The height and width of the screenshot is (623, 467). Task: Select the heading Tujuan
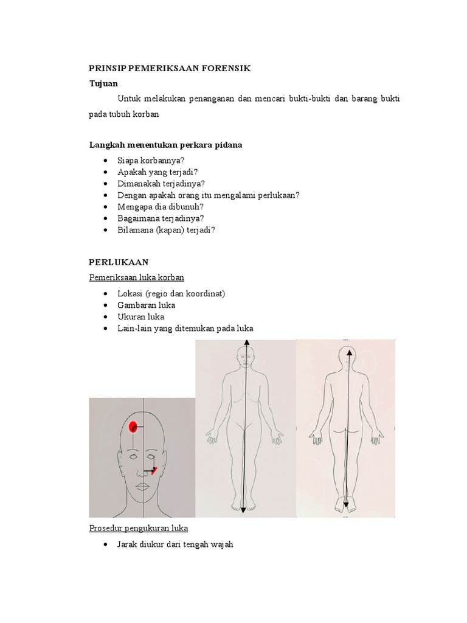click(x=103, y=83)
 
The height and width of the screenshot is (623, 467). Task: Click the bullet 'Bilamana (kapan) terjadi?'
click(x=166, y=229)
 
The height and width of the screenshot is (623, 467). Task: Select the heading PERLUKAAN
click(x=119, y=262)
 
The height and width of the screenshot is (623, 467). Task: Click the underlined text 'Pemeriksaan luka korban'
click(x=137, y=277)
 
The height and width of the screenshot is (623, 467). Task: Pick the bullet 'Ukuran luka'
click(x=140, y=317)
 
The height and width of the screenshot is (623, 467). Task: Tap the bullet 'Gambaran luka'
click(x=146, y=305)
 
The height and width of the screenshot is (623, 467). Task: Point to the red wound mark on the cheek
click(x=155, y=470)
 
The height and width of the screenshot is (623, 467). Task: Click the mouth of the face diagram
click(x=142, y=486)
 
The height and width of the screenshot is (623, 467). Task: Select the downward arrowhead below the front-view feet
click(x=243, y=510)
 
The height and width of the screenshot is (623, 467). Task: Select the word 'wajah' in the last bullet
click(x=221, y=544)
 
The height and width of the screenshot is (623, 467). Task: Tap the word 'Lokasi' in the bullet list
click(x=130, y=294)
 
